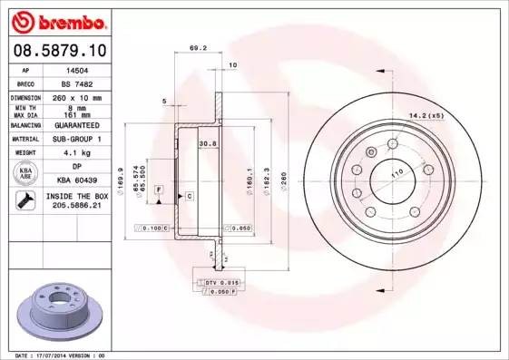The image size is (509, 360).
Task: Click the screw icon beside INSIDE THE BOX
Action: pyautogui.click(x=22, y=201)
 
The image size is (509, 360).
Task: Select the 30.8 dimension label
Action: pyautogui.click(x=207, y=142)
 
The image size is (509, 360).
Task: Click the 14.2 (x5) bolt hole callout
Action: pyautogui.click(x=426, y=116)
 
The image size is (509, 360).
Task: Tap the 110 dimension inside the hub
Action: pyautogui.click(x=396, y=172)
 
